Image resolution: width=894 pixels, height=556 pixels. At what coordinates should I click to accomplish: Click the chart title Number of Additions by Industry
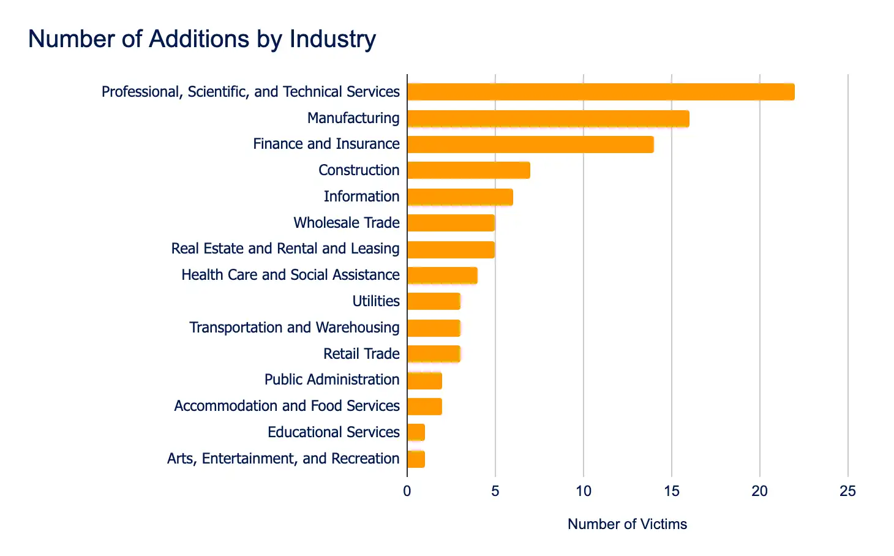tap(202, 39)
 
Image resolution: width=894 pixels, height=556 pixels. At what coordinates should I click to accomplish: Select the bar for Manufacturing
tap(548, 118)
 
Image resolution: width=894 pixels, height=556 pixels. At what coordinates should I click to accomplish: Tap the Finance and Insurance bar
tap(530, 145)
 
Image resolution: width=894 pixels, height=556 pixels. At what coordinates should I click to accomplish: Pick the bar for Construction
tap(468, 170)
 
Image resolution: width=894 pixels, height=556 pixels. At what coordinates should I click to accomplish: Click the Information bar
tap(460, 197)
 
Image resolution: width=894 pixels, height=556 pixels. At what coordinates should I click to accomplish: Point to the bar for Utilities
tap(434, 301)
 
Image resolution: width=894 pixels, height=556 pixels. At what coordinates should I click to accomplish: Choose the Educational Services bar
tap(416, 432)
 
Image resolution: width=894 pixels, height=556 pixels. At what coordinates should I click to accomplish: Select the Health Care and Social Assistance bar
tap(442, 276)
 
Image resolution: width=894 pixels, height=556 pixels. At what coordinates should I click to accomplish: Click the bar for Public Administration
tap(424, 380)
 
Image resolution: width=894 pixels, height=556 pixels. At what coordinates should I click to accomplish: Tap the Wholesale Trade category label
tap(347, 223)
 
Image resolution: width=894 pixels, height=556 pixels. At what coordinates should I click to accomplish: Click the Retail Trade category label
tap(361, 354)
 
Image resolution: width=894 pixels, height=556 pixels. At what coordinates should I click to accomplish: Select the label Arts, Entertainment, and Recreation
tap(283, 459)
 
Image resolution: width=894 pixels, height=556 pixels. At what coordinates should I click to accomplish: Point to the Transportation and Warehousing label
tap(295, 328)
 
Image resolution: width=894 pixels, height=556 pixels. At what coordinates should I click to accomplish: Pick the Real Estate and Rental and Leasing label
tap(285, 249)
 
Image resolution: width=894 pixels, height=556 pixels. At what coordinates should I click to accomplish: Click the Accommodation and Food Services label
tap(287, 406)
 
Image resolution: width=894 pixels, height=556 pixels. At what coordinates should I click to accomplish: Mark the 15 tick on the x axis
tap(672, 491)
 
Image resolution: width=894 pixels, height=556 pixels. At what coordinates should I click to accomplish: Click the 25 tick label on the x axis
tap(848, 491)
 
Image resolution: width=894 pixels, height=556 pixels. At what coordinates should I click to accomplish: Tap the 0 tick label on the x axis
tap(407, 491)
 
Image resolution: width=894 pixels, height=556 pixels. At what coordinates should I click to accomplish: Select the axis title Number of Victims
tap(627, 524)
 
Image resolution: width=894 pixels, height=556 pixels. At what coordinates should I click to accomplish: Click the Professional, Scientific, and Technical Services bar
tap(601, 92)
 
